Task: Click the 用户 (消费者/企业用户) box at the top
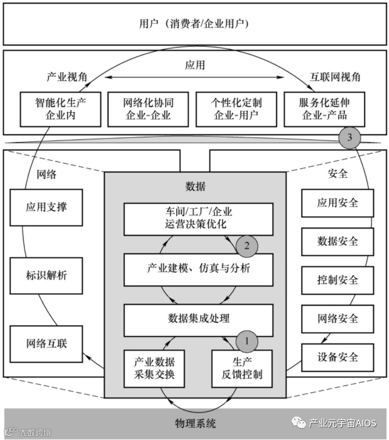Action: click(194, 24)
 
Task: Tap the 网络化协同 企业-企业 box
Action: click(148, 109)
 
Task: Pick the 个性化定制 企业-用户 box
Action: click(236, 109)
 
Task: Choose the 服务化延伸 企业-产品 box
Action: click(325, 109)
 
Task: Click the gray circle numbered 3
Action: click(349, 138)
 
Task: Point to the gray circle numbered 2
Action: click(246, 245)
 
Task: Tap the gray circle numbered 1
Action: click(247, 341)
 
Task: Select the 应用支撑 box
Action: click(46, 207)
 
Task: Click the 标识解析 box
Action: click(46, 275)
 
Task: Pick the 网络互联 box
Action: click(46, 343)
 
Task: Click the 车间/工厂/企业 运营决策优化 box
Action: click(198, 218)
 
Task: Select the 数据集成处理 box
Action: click(198, 318)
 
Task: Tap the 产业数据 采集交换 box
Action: click(154, 368)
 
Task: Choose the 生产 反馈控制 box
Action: click(242, 368)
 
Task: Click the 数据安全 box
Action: click(338, 241)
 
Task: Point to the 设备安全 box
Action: click(338, 357)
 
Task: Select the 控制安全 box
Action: click(338, 280)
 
